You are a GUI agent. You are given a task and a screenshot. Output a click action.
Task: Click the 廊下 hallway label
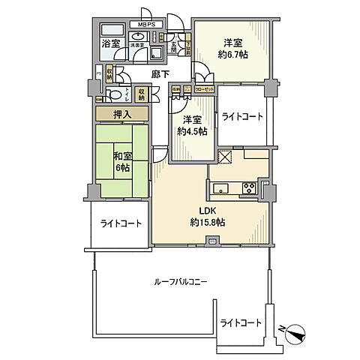(x=159, y=75)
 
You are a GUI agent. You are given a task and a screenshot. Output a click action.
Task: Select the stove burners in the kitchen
(x=248, y=187)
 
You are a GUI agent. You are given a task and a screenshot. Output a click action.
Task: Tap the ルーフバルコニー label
(x=179, y=282)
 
